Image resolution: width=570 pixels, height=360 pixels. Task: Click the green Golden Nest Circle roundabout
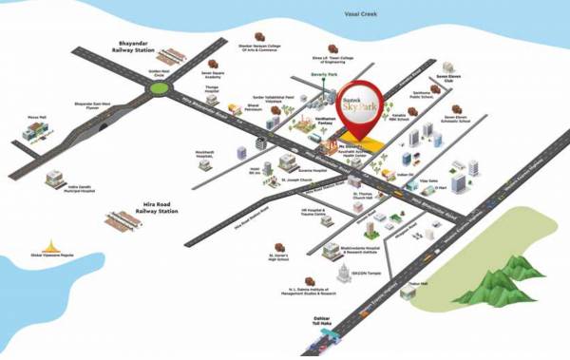coord(158,90)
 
